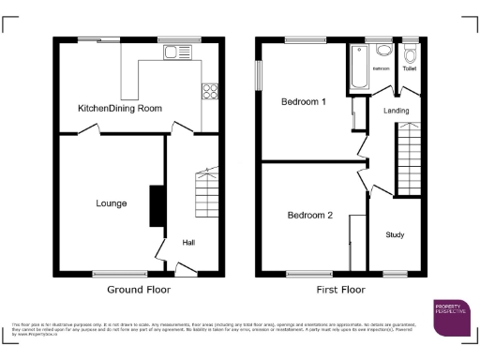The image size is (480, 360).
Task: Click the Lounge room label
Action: coord(112,202)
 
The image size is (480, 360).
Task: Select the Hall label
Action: coord(188,243)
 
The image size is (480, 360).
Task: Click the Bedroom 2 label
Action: coord(309,215)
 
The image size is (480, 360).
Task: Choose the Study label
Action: coord(395,234)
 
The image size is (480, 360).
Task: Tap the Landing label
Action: coord(396,111)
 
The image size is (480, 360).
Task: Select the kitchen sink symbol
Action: coord(174,52)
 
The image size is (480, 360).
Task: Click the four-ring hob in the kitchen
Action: coord(210,92)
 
